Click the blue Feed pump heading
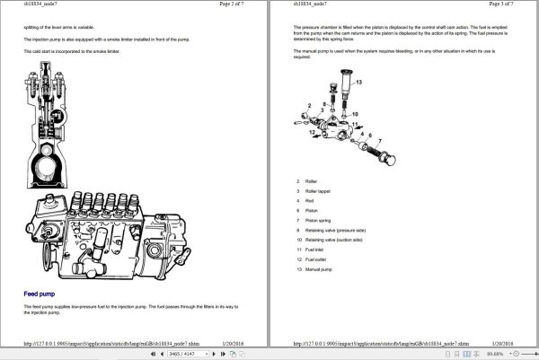40,294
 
